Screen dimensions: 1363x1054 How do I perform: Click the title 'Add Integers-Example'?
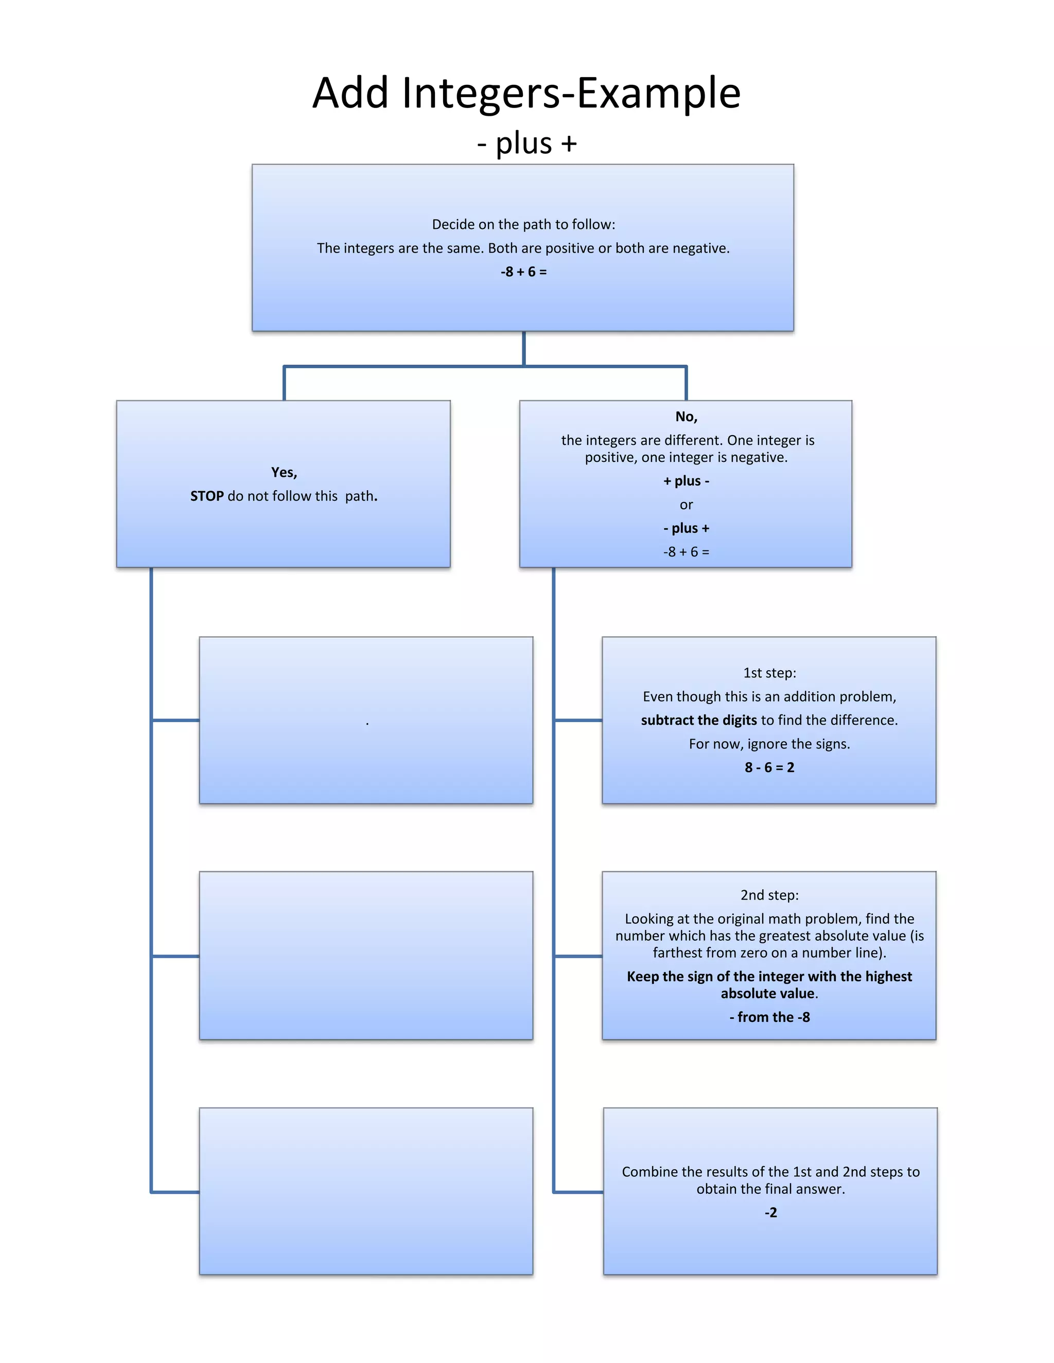pos(526,93)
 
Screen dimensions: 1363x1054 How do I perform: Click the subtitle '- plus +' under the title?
pos(526,144)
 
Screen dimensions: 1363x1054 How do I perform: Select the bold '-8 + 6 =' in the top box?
pos(523,272)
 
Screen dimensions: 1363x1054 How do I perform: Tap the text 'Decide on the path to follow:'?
pos(523,225)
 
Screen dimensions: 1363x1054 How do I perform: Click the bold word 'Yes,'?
pos(284,473)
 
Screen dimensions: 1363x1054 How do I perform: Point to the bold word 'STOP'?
pos(207,496)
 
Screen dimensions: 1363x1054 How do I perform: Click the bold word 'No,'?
pos(686,417)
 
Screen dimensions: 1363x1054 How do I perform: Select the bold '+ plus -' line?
pos(686,481)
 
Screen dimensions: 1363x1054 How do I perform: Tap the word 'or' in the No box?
pos(686,505)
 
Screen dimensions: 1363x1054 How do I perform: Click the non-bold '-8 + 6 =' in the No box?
pos(686,552)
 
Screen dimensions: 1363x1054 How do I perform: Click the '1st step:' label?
pos(769,673)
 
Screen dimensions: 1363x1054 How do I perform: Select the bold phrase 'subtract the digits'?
pos(699,721)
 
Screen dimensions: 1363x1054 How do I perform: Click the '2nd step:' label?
pos(769,895)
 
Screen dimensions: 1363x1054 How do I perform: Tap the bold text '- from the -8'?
pos(769,1018)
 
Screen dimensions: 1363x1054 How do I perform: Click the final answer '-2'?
pos(770,1213)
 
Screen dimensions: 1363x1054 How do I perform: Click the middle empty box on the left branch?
pos(366,956)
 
